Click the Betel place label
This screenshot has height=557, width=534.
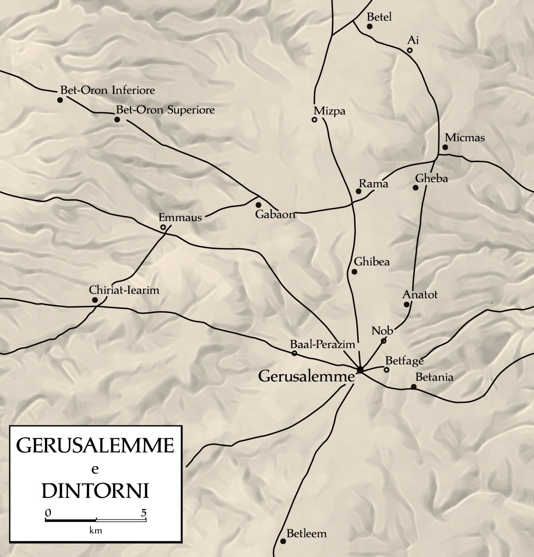pyautogui.click(x=379, y=17)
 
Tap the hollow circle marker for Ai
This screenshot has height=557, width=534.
pyautogui.click(x=410, y=50)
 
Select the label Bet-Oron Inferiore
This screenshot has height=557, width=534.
pyautogui.click(x=107, y=90)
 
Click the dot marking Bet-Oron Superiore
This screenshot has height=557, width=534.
pyautogui.click(x=117, y=119)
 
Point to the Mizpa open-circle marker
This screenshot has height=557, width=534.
pyautogui.click(x=314, y=119)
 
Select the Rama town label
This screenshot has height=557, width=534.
pyautogui.click(x=373, y=184)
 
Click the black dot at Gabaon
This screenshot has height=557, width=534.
pyautogui.click(x=258, y=205)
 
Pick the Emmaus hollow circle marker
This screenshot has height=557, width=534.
pyautogui.click(x=163, y=228)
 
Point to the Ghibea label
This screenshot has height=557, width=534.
pyautogui.click(x=372, y=262)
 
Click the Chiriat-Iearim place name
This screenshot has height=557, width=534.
pyautogui.click(x=124, y=290)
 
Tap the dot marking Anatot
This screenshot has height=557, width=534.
pyautogui.click(x=406, y=305)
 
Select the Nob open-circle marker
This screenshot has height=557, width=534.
pyautogui.click(x=384, y=341)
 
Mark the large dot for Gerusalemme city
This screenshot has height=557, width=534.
pyautogui.click(x=360, y=370)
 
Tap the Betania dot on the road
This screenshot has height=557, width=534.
pyautogui.click(x=413, y=386)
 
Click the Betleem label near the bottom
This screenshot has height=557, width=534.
pyautogui.click(x=307, y=533)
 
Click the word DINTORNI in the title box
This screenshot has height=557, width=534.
pyautogui.click(x=95, y=491)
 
